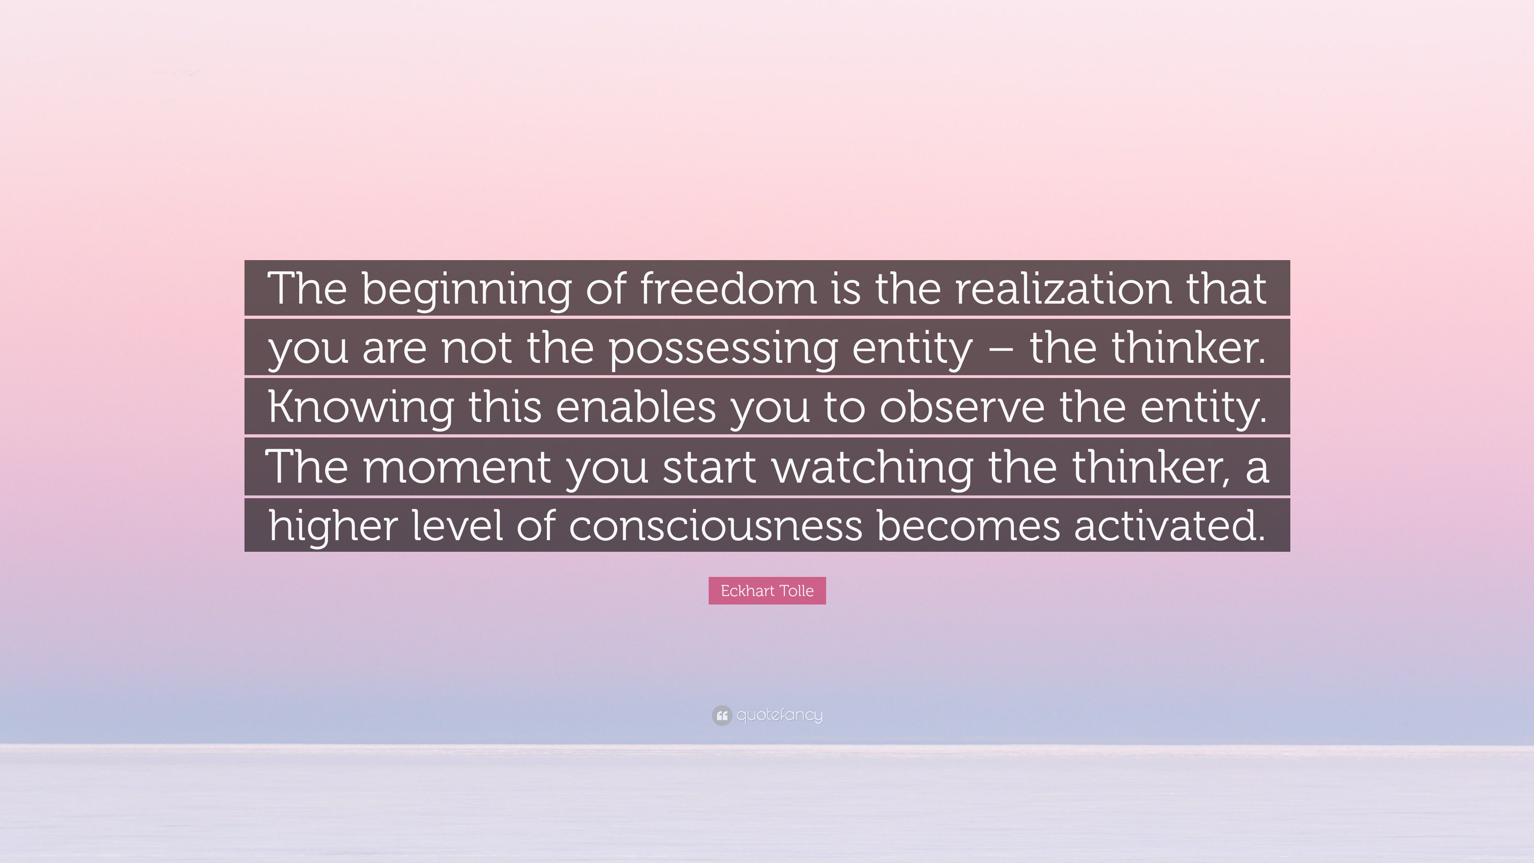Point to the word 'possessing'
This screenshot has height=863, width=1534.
(723, 348)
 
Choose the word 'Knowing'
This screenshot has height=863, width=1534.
(360, 408)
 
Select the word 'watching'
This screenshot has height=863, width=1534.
(872, 467)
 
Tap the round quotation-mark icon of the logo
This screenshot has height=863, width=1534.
(721, 715)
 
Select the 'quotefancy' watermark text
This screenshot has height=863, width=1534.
(779, 715)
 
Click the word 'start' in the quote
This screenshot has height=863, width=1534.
(709, 467)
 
